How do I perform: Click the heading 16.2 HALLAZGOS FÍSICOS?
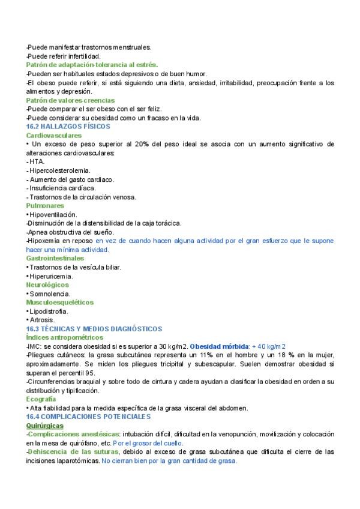tap(64, 127)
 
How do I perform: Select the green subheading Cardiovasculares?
tap(55, 136)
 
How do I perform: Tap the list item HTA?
tap(37, 161)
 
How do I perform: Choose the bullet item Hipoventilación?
tap(54, 214)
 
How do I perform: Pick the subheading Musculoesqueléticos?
tap(60, 303)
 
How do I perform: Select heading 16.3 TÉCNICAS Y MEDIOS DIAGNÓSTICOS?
tap(94, 329)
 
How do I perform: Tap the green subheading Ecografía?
tap(41, 382)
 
